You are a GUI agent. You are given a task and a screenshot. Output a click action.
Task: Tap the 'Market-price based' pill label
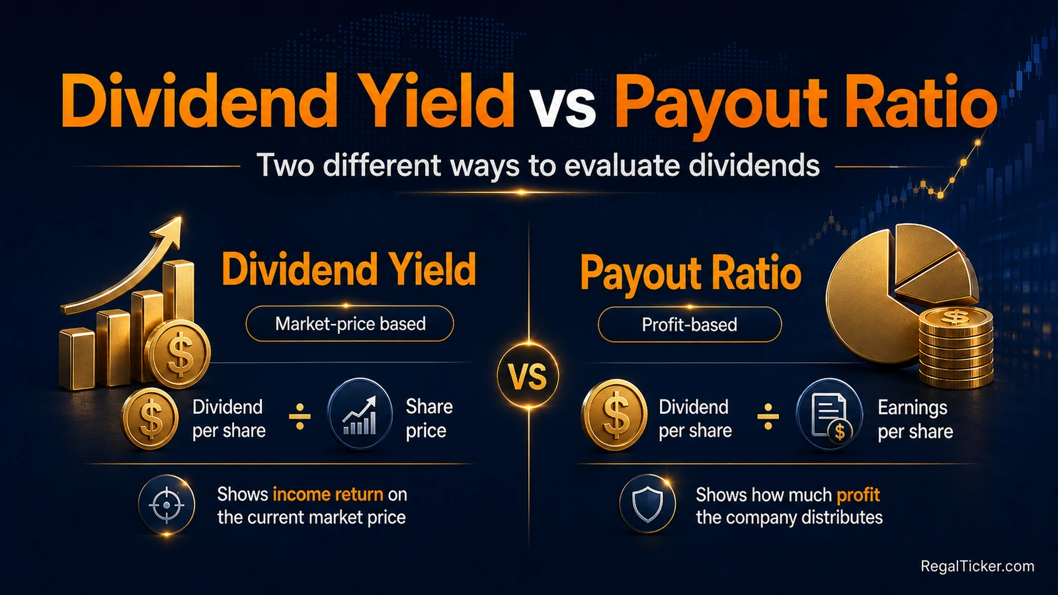pos(350,324)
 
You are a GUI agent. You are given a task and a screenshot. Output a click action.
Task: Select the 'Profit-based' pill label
pos(690,325)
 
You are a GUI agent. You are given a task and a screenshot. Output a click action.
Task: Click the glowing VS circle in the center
pos(528,376)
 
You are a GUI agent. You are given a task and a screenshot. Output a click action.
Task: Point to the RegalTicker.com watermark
pos(977,566)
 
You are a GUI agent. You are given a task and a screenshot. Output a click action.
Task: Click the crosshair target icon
pos(166,505)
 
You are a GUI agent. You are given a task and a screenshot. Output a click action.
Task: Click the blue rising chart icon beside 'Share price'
pos(360,414)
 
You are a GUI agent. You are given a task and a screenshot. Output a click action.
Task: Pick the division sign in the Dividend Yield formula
pos(300,416)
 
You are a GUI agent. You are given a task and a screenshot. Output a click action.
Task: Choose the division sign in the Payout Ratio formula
pos(768,416)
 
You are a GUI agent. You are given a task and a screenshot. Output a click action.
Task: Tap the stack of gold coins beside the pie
pos(956,347)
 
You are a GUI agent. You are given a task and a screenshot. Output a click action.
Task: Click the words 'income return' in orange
pos(328,495)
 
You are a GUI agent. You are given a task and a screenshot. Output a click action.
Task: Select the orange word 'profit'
pos(858,496)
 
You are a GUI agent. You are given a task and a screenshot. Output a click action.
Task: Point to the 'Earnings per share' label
pos(915,419)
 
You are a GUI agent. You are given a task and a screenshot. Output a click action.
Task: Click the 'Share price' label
pos(429,418)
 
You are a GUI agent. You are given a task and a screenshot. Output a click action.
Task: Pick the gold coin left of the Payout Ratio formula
pos(614,414)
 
